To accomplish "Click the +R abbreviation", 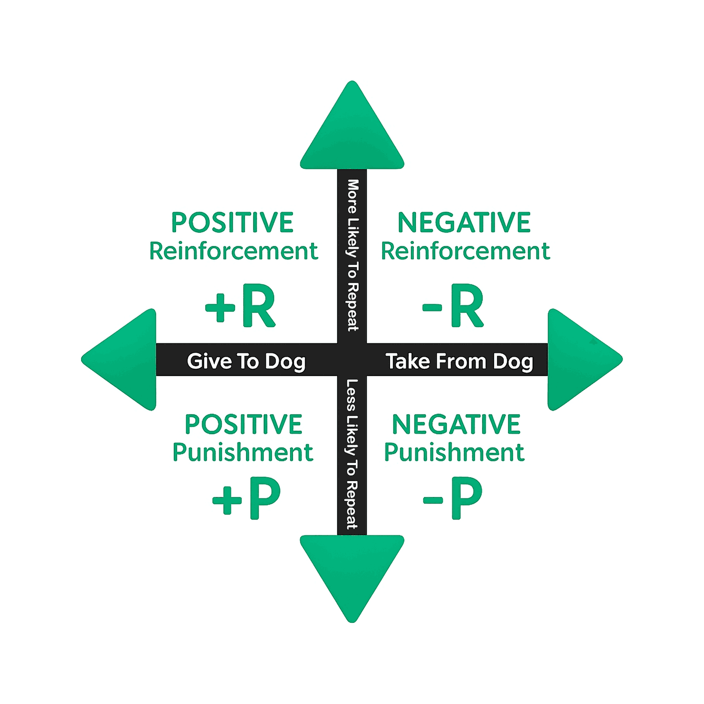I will pos(240,306).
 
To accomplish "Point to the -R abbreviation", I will pos(453,306).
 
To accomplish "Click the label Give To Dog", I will pos(246,361).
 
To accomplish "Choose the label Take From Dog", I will pos(459,361).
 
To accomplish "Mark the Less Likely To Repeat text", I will pos(352,454).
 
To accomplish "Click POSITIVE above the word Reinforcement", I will pos(232,222).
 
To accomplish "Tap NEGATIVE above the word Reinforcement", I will pos(464,222).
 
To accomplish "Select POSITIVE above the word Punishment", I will pos(243,424).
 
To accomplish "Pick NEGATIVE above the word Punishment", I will pos(456,424).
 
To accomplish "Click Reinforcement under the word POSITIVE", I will pos(233,251).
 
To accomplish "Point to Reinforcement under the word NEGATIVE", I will pos(465,251).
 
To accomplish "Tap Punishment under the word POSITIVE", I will pos(243,452).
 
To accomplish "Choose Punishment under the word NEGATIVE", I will pos(454,452).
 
